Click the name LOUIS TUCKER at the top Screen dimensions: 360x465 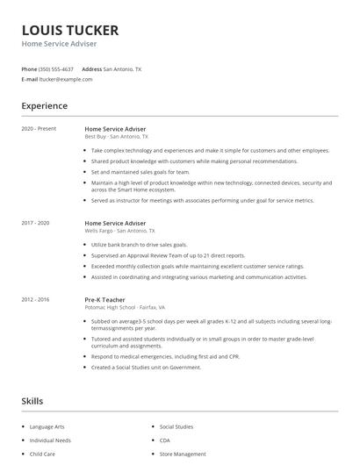point(69,29)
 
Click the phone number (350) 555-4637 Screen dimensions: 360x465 point(56,68)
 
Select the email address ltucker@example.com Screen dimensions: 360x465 point(65,79)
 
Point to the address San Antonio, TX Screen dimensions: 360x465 point(122,68)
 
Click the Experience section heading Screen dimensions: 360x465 point(44,106)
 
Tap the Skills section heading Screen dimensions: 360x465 point(32,401)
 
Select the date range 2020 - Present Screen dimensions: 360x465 point(39,129)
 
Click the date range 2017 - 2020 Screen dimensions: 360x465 point(35,223)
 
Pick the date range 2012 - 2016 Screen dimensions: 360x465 point(35,299)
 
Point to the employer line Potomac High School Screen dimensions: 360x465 point(130,307)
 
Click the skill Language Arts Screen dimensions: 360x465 point(47,426)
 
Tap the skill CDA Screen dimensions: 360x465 point(164,440)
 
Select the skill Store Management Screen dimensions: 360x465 point(183,454)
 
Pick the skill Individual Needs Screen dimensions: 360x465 point(49,440)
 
